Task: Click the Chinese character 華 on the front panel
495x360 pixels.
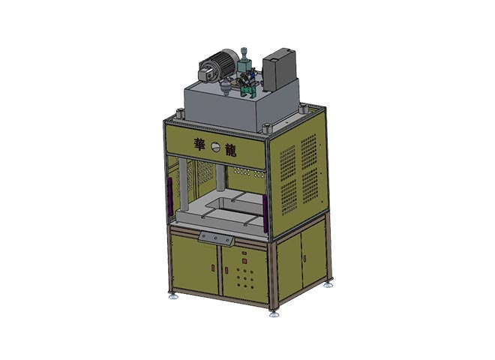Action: [199, 144]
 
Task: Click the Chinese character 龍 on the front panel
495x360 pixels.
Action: [230, 150]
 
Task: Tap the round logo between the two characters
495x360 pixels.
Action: [216, 146]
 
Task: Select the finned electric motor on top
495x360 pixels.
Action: [217, 66]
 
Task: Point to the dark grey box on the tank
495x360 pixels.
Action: [280, 70]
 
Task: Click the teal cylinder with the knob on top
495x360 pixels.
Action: [244, 62]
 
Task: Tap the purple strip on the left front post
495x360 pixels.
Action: [170, 196]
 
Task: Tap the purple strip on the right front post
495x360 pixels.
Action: [265, 214]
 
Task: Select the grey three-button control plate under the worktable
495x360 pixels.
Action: [216, 238]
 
